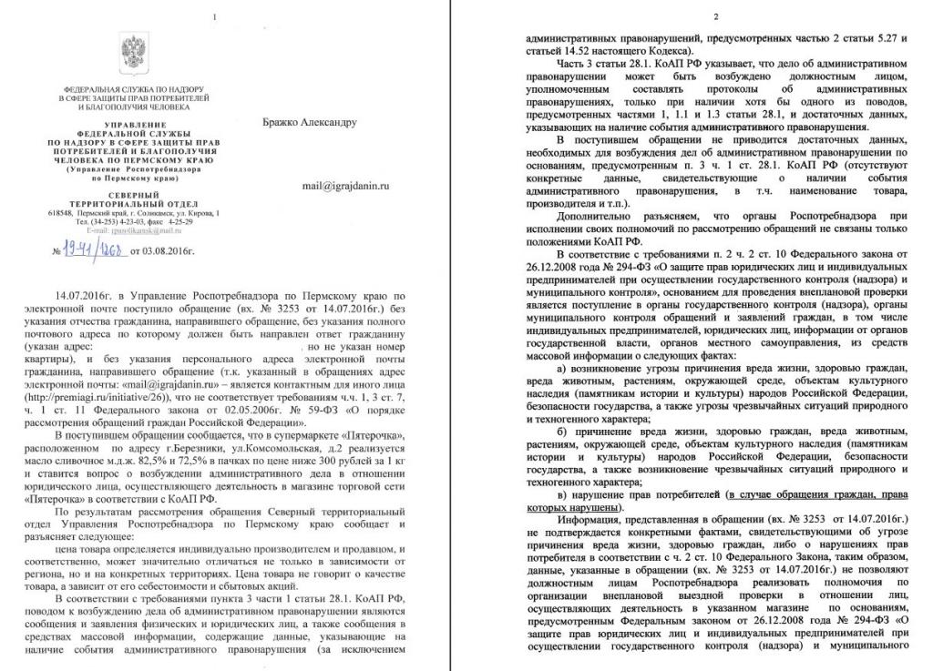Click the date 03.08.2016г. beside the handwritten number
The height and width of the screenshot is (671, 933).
153,250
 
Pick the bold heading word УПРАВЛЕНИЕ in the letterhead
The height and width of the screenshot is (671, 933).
135,123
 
